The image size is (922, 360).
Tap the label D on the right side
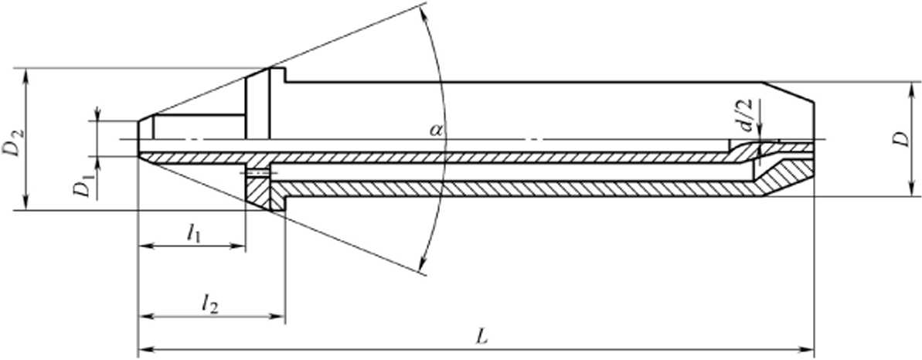click(x=903, y=139)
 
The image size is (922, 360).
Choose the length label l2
click(x=209, y=304)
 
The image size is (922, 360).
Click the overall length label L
click(x=482, y=337)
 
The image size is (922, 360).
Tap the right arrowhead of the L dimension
click(x=807, y=349)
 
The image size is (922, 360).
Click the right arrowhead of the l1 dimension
click(x=237, y=246)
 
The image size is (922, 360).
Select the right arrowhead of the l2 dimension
click(x=277, y=317)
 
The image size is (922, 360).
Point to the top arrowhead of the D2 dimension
click(x=26, y=76)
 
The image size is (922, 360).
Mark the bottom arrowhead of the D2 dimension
click(x=26, y=202)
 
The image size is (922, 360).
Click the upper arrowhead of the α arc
click(x=426, y=13)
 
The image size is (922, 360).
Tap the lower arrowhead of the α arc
click(x=423, y=265)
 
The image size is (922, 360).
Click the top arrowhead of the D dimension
click(x=912, y=90)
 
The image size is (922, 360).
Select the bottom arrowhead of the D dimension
click(x=912, y=188)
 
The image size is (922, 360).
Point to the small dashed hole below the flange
click(x=257, y=172)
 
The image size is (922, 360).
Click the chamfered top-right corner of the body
click(x=789, y=92)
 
